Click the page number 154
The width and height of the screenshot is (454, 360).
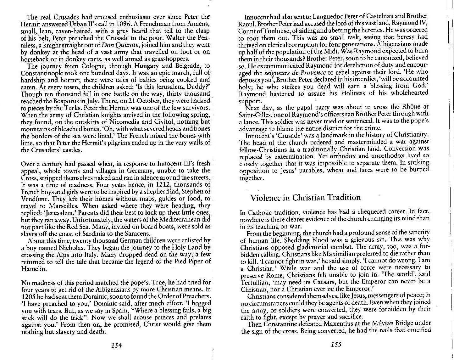click(116, 345)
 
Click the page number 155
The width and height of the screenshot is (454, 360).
click(336, 344)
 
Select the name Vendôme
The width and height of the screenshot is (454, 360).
click(35, 199)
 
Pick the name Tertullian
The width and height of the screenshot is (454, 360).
click(256, 282)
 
